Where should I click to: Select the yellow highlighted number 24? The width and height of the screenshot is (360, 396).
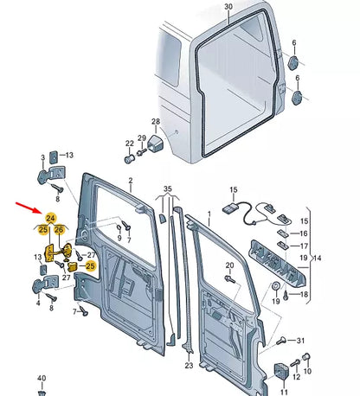click(x=50, y=219)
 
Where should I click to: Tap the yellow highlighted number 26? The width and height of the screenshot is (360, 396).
click(x=60, y=229)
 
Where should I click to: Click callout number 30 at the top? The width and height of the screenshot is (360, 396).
click(x=228, y=7)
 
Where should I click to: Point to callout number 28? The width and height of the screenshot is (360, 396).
click(x=156, y=122)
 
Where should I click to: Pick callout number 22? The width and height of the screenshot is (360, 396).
click(x=129, y=144)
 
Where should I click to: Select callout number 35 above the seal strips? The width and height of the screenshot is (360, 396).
click(x=168, y=188)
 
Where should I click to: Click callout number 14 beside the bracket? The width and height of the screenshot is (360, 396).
click(x=317, y=258)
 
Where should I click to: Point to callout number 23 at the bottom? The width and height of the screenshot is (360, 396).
click(x=189, y=366)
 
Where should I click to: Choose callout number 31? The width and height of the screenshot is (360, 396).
click(x=301, y=340)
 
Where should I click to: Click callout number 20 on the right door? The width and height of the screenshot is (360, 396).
click(x=228, y=265)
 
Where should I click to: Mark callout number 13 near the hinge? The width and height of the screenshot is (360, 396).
click(x=38, y=257)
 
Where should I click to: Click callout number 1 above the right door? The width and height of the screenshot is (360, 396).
click(x=207, y=213)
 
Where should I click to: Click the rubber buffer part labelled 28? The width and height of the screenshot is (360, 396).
click(x=157, y=143)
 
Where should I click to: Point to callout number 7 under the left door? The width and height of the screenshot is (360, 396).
click(x=75, y=310)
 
